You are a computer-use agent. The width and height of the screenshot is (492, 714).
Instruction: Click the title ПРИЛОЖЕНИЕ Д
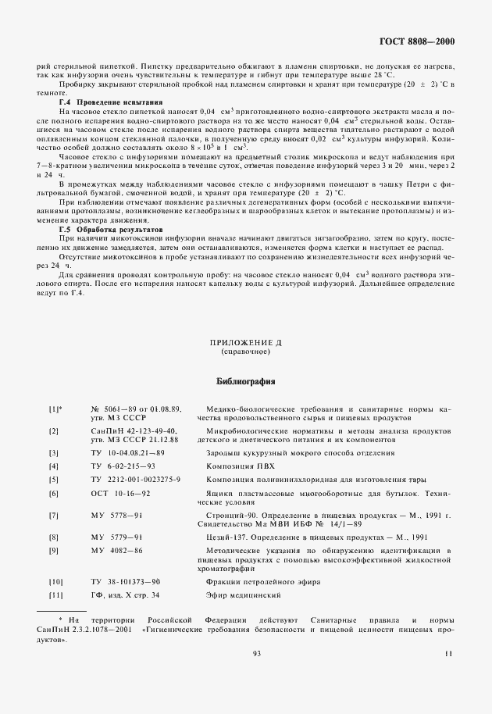[x=246, y=344]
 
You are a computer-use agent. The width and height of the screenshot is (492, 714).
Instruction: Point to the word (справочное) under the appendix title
[x=246, y=352]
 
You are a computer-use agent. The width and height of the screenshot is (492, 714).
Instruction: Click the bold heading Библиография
[x=246, y=382]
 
